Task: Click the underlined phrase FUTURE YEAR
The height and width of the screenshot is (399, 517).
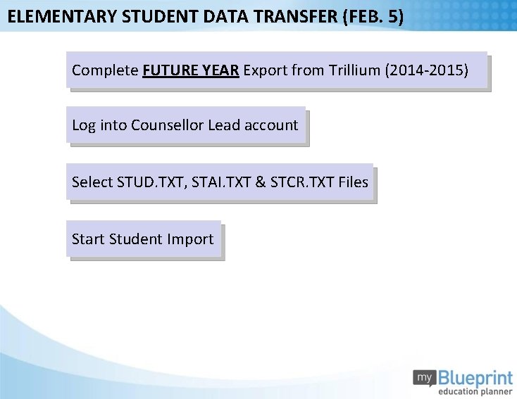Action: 191,70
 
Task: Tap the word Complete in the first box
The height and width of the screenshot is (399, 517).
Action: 105,70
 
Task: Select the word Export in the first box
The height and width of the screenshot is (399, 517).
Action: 266,70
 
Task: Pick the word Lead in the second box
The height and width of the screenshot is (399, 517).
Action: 224,125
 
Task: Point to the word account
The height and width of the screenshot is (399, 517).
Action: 271,125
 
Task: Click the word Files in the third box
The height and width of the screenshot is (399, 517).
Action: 354,182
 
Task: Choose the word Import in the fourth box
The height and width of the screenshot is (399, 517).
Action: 190,239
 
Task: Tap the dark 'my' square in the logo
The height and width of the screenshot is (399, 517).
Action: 424,378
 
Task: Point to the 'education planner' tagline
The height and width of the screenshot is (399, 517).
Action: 475,391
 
